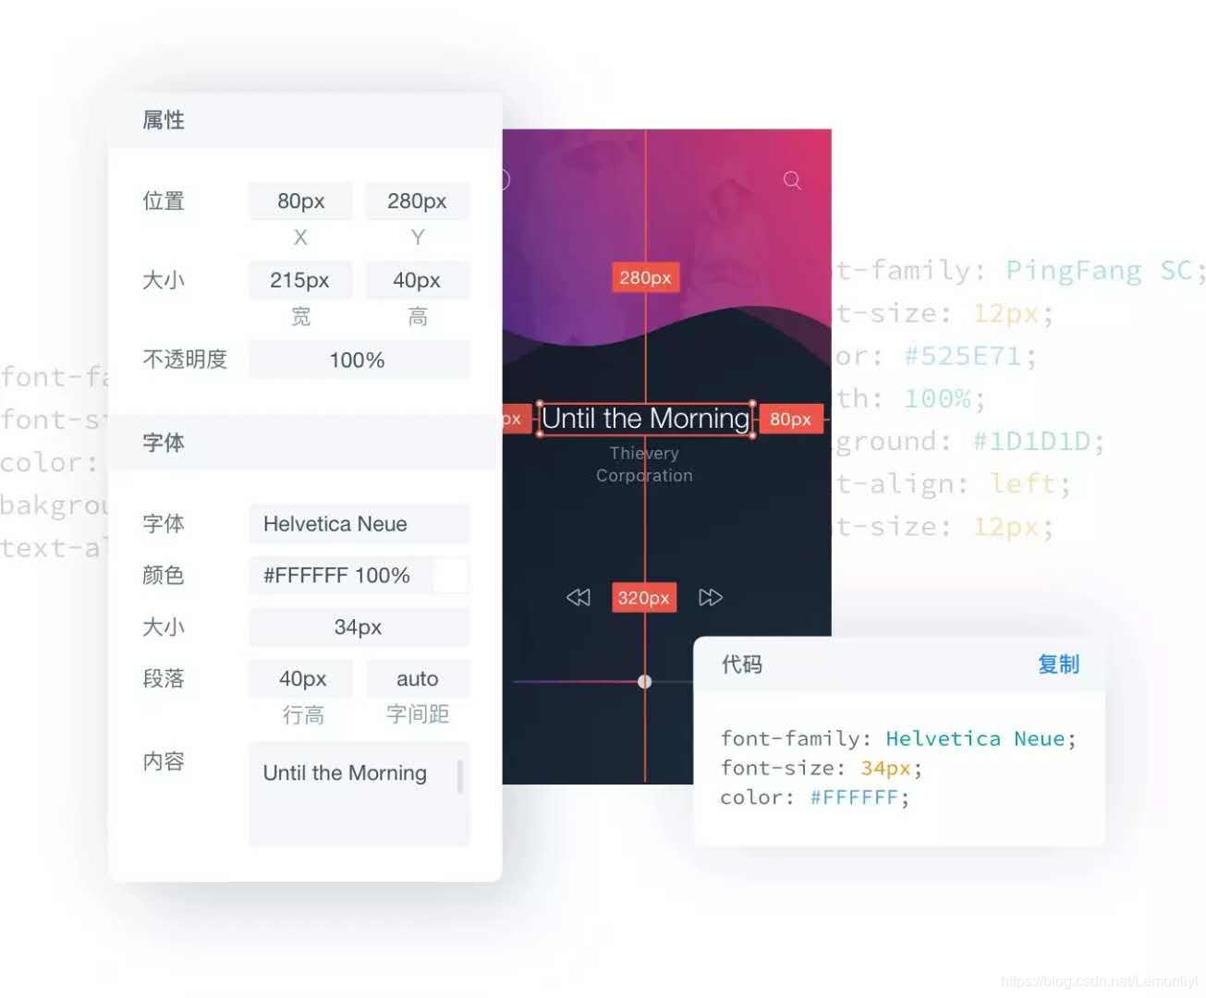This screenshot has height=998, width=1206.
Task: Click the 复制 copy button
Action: pos(1058,664)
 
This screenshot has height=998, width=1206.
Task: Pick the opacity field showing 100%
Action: pos(358,359)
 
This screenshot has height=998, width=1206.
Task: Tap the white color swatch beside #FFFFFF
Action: pos(450,576)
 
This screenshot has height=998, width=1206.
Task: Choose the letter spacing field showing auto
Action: pos(417,679)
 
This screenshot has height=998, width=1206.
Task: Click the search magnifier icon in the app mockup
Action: pos(792,180)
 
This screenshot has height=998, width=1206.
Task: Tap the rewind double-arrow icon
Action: pos(579,598)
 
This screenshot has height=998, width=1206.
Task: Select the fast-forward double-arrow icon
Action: pos(710,598)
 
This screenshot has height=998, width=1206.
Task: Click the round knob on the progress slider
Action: pos(645,682)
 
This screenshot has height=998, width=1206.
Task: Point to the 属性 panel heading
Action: pos(164,120)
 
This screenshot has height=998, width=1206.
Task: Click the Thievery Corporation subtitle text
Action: pos(644,465)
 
